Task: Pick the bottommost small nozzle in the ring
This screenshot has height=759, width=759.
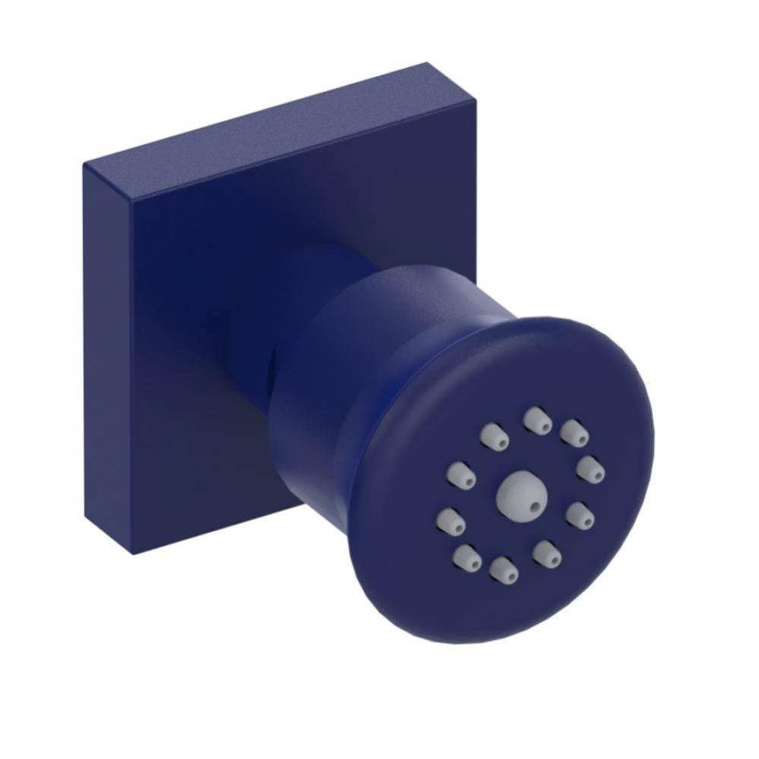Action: point(504,570)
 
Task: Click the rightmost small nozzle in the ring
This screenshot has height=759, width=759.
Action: point(590,468)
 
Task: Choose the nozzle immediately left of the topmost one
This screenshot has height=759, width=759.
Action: point(494,436)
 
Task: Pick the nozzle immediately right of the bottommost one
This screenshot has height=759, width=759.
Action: point(546,554)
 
